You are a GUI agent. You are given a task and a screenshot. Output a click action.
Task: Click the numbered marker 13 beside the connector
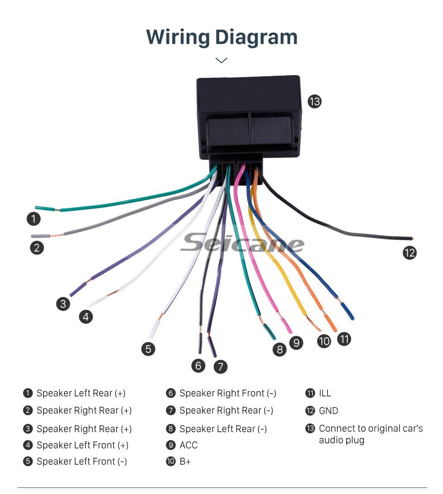(x=314, y=101)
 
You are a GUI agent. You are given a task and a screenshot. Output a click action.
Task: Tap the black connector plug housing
(x=248, y=118)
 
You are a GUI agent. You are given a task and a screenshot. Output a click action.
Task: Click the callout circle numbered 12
(x=409, y=253)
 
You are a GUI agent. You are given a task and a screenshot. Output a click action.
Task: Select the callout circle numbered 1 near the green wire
(x=33, y=219)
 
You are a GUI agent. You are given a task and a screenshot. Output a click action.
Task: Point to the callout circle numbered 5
(x=147, y=348)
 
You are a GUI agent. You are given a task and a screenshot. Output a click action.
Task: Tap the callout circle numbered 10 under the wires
(x=324, y=341)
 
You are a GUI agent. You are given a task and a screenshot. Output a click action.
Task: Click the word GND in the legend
(x=328, y=411)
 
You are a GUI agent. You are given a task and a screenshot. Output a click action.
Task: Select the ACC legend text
(x=189, y=445)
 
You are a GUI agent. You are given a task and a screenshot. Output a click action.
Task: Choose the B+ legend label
(x=185, y=462)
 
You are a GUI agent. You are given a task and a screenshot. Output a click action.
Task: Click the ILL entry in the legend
(x=325, y=393)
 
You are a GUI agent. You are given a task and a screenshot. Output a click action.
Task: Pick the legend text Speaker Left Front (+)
(x=82, y=445)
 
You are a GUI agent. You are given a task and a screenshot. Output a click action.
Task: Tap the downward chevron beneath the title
(x=221, y=60)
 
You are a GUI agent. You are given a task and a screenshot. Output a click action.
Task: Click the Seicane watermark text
(x=242, y=244)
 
